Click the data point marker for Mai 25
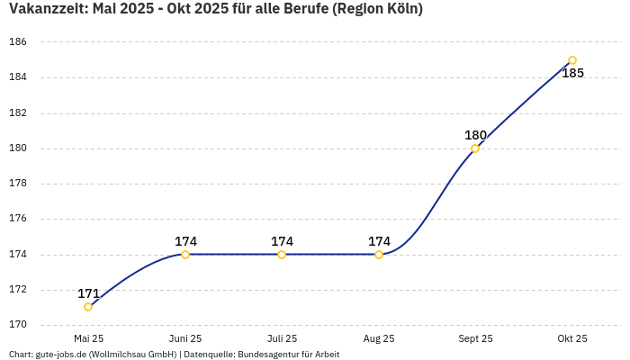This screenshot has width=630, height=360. click(x=88, y=307)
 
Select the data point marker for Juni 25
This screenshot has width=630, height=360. click(x=185, y=255)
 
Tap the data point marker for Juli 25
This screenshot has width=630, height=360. click(x=282, y=255)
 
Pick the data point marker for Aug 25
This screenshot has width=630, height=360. click(x=379, y=255)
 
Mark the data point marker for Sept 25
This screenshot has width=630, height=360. click(x=475, y=148)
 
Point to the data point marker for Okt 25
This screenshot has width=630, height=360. click(x=572, y=60)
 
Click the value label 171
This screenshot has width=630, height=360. click(x=88, y=293)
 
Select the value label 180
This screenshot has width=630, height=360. click(x=475, y=135)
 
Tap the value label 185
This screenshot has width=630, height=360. click(x=572, y=73)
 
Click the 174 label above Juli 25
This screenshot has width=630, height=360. click(x=282, y=241)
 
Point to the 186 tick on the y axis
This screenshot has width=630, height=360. click(x=18, y=42)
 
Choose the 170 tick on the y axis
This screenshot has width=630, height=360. click(x=18, y=325)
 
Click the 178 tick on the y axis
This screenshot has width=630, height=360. click(x=18, y=184)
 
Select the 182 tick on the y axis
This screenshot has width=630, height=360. click(x=18, y=113)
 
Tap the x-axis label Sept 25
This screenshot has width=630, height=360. click(x=475, y=338)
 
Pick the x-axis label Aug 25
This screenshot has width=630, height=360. click(x=379, y=338)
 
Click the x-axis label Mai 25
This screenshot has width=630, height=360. click(x=88, y=338)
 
